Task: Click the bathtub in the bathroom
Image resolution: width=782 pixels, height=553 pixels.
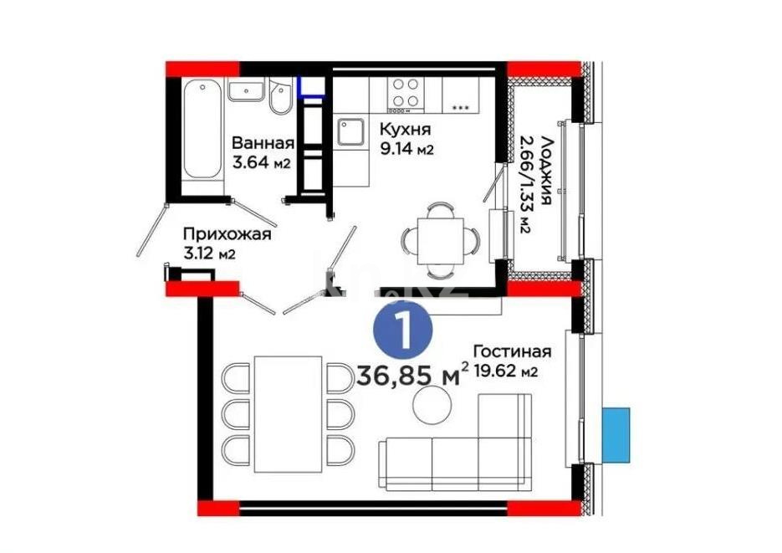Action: (203, 130)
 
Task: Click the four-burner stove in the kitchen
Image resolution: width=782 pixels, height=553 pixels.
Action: (405, 93)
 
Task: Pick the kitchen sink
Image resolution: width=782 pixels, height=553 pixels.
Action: (350, 131)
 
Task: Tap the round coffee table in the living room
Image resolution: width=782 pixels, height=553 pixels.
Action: (431, 407)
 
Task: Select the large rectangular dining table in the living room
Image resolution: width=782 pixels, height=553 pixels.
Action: (287, 413)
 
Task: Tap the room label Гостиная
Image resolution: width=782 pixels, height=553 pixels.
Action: (512, 351)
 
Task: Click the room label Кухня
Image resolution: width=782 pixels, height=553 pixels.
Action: (405, 130)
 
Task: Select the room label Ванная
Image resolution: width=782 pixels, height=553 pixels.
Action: (263, 142)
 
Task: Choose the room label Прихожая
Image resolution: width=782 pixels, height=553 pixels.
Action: (227, 234)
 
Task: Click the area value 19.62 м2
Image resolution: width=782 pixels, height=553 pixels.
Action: (504, 371)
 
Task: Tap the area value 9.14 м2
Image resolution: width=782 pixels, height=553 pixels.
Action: (406, 151)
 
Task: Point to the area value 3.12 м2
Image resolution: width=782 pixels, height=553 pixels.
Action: (207, 254)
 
